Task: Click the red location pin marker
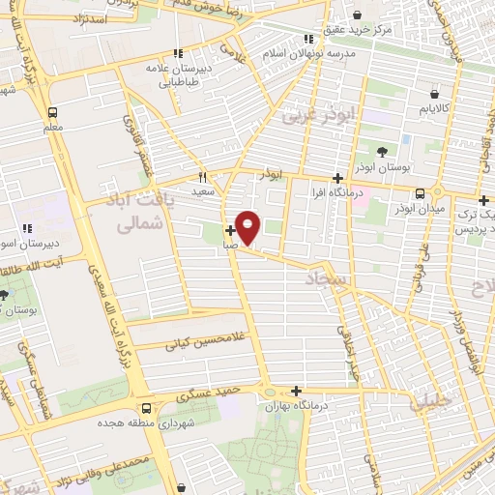pos(248,227)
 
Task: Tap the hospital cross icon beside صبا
pos(229,230)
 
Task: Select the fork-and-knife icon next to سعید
pos(203,177)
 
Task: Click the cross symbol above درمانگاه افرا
pos(337,178)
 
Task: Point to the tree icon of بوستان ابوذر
pos(382,151)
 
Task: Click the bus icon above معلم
pos(52,111)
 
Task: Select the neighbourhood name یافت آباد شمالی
pos(135,212)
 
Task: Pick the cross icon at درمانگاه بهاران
pos(296,391)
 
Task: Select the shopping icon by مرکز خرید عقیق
pos(359,15)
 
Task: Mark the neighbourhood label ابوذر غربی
pos(319,117)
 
